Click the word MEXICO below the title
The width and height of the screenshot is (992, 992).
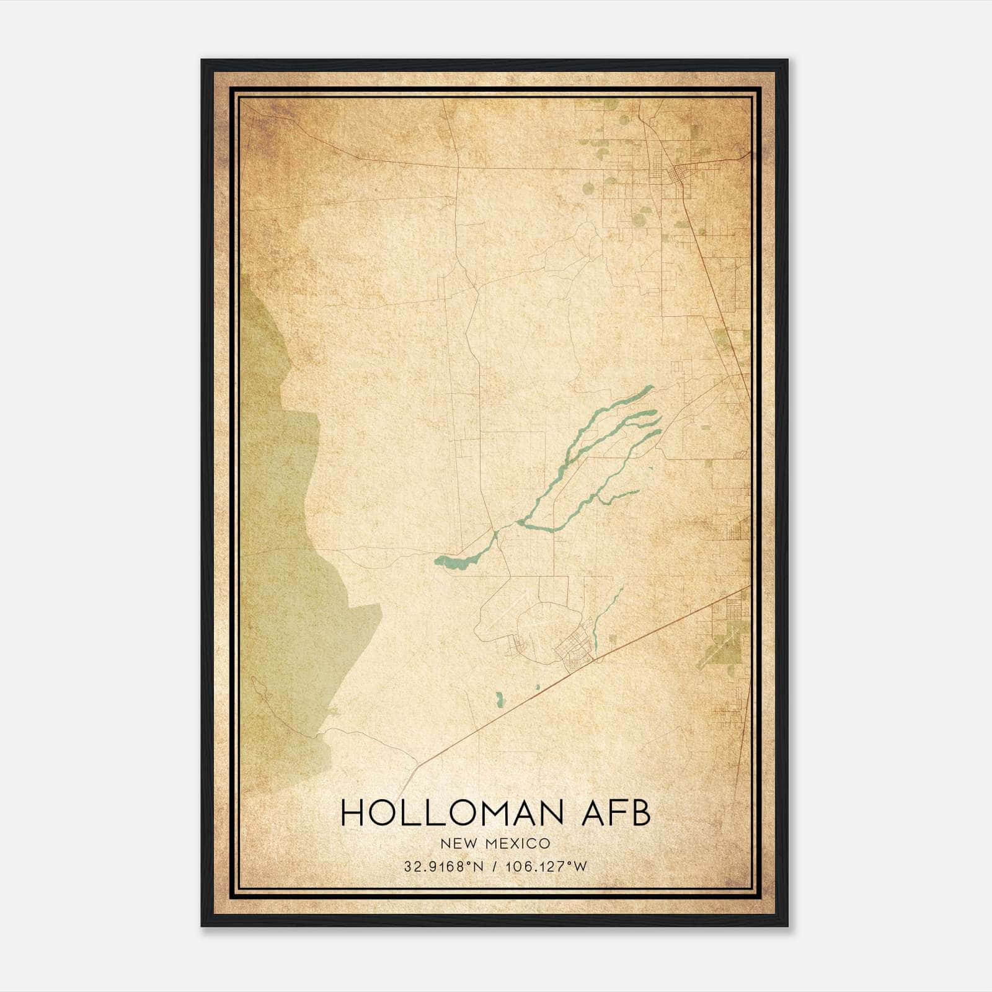coord(519,844)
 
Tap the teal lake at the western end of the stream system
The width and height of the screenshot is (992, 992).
coord(453,563)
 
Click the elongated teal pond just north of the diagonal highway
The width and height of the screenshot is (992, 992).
coord(499,699)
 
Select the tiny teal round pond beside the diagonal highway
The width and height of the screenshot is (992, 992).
coord(538,687)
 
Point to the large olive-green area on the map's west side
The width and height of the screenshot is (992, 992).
coord(279,527)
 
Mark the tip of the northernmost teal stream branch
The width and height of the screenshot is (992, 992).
coord(651,387)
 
